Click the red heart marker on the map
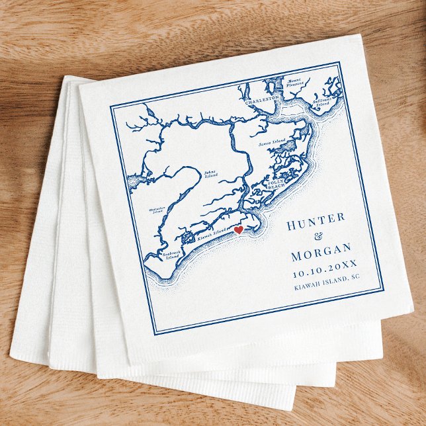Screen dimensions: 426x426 point(238,230)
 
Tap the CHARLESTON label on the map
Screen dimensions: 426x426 point(261,102)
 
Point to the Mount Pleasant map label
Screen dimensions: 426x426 point(295,83)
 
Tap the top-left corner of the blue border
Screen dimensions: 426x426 point(110,105)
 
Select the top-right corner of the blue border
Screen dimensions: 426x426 point(340,63)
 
